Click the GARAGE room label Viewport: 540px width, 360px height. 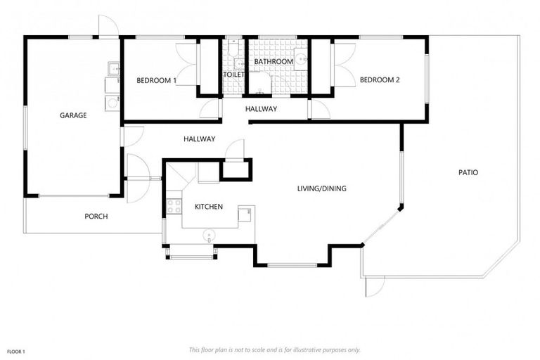coord(73,115)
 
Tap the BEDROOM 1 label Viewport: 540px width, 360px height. coord(156,80)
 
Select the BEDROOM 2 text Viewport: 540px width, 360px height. coord(380,80)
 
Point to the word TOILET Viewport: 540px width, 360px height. coord(233,75)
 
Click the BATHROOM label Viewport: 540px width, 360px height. coord(274,62)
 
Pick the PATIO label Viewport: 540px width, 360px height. coord(468,172)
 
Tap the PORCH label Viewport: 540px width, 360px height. coord(96,217)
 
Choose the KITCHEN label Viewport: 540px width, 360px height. coord(209,207)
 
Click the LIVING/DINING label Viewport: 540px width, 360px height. coord(322,188)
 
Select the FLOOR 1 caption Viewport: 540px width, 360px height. coord(16,350)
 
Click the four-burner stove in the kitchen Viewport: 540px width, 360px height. coord(174,206)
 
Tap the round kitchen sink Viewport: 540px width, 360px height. coord(208,236)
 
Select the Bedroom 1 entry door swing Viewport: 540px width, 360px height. coord(210,110)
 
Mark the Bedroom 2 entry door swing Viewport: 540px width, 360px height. coord(319,110)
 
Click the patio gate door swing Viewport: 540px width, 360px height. coord(375,285)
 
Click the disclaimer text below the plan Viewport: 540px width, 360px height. coord(275,349)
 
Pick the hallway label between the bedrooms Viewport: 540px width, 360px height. coord(261,109)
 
